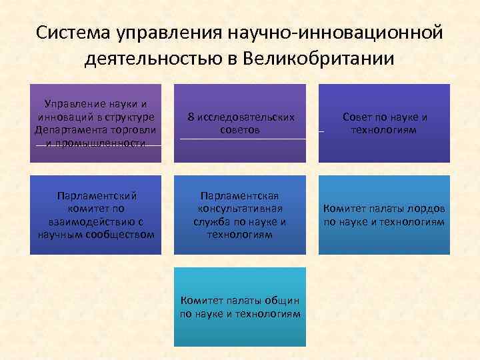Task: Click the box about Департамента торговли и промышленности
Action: pyautogui.click(x=95, y=123)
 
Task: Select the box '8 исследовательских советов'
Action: pyautogui.click(x=240, y=123)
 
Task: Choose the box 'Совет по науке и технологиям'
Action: pyautogui.click(x=385, y=123)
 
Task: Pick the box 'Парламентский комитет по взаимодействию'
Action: pyautogui.click(x=95, y=215)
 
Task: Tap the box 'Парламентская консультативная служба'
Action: pyautogui.click(x=240, y=215)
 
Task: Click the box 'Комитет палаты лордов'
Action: pyautogui.click(x=385, y=215)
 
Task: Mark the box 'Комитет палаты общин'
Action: pyautogui.click(x=240, y=307)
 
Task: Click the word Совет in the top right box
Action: pyautogui.click(x=357, y=117)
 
